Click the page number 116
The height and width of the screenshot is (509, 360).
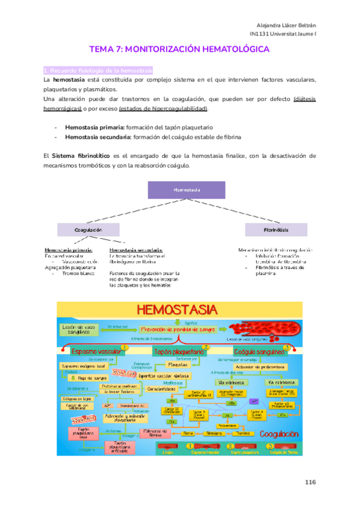[x=310, y=482]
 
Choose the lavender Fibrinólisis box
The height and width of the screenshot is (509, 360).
[x=276, y=230]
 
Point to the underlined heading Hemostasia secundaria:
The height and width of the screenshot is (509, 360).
[x=136, y=250]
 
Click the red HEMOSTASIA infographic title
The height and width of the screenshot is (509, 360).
[x=178, y=311]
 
